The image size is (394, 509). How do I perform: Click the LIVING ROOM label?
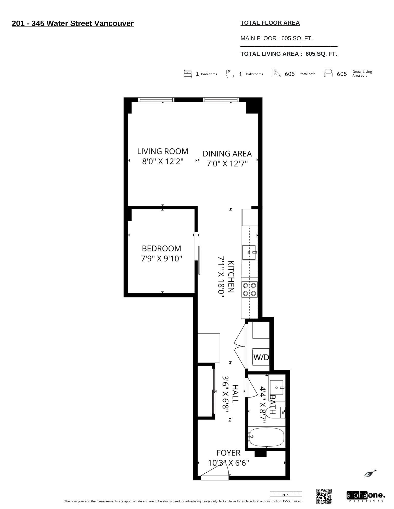[162, 151]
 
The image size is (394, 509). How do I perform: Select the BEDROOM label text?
[161, 248]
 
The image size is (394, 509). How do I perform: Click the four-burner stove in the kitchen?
[249, 290]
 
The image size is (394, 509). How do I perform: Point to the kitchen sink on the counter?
[249, 252]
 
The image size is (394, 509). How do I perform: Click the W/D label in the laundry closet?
[261, 357]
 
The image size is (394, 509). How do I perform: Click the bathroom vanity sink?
[277, 388]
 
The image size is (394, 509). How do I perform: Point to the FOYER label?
[228, 453]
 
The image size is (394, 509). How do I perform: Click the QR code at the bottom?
[324, 496]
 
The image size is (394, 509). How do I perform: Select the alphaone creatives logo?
[365, 497]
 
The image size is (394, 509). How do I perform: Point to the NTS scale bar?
[286, 495]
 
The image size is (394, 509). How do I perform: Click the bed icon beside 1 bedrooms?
[187, 74]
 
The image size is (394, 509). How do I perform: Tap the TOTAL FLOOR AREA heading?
[270, 23]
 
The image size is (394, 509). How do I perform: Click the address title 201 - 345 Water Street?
[73, 23]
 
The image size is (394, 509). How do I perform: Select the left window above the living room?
[156, 100]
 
